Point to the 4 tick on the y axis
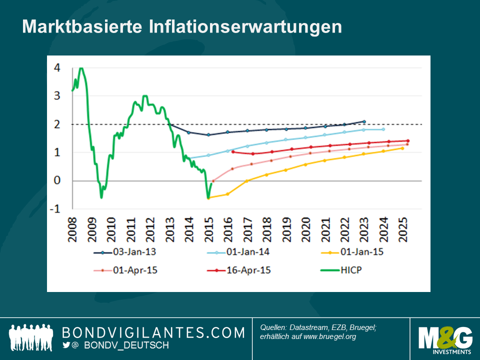click(57, 68)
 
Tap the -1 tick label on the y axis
click(55, 209)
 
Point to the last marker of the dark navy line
click(364, 121)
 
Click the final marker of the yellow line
click(402, 148)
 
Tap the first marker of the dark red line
click(233, 152)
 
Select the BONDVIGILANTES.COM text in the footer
click(153, 332)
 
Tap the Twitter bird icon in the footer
click(66, 345)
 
